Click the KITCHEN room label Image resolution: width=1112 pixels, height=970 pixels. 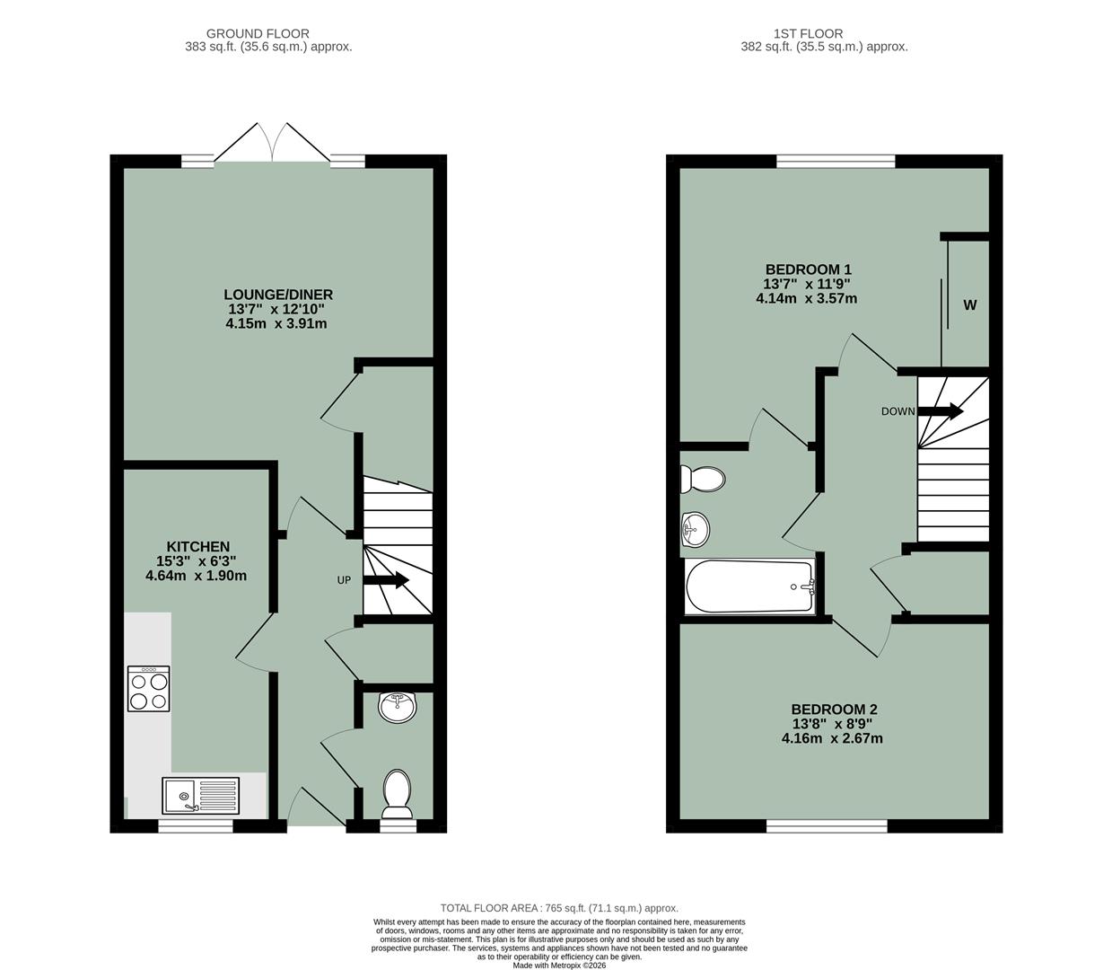[197, 546]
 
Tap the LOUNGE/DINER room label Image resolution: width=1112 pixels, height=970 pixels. [278, 295]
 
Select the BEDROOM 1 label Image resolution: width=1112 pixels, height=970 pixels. [808, 269]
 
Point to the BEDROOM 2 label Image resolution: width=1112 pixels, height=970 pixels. [834, 709]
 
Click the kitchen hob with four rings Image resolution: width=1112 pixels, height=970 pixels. [149, 689]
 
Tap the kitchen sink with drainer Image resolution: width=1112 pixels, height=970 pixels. [201, 796]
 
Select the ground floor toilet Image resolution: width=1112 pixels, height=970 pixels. [397, 793]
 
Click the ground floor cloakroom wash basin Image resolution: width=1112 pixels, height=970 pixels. [397, 707]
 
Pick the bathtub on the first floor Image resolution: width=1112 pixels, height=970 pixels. [750, 587]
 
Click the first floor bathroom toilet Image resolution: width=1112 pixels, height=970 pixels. [702, 479]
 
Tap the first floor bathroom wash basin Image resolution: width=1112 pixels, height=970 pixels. [695, 529]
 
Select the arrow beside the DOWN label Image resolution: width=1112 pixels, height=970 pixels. [940, 411]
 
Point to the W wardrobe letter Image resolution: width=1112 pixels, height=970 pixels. [970, 305]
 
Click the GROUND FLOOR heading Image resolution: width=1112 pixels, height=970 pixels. [258, 34]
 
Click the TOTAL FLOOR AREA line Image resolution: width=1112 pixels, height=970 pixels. [559, 908]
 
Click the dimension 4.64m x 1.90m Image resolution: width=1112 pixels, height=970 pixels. [196, 576]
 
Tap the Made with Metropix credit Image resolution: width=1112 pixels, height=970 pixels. [559, 966]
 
